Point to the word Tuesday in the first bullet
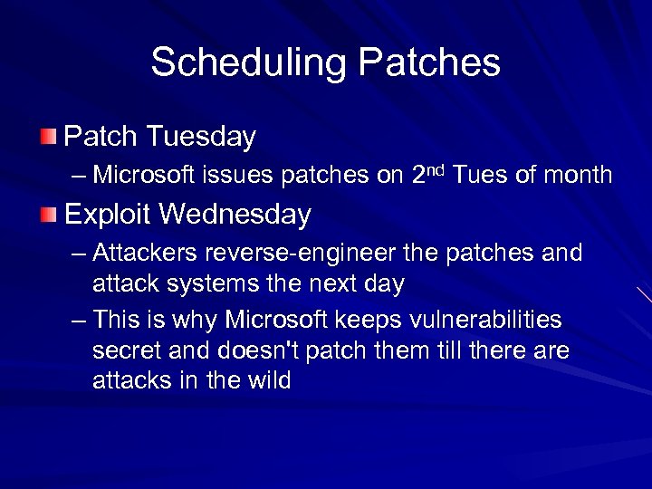pos(201,137)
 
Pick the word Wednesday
pos(237,215)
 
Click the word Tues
pos(481,174)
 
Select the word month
pos(577,174)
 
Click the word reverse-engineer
pos(302,253)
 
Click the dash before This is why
pos(79,321)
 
